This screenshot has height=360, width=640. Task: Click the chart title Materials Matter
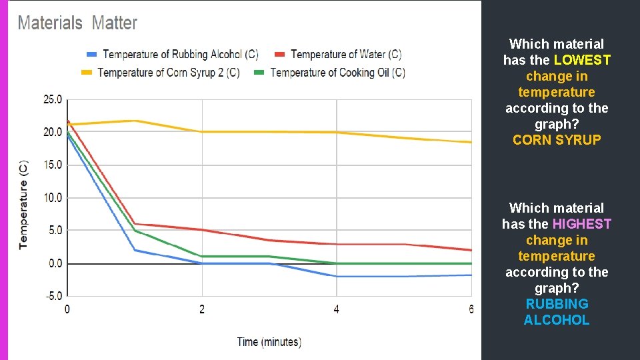[x=77, y=23]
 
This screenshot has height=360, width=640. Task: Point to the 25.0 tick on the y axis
[x=52, y=99]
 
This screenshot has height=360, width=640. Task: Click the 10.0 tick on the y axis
[x=52, y=197]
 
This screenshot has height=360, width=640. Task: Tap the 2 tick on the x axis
[x=202, y=309]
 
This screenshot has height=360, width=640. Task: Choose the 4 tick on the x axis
[x=336, y=309]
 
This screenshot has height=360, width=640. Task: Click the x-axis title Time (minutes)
[x=269, y=342]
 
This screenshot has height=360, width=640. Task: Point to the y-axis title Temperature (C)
[x=23, y=204]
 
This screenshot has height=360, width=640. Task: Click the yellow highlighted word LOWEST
[x=582, y=60]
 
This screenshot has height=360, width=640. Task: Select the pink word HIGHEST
[x=581, y=224]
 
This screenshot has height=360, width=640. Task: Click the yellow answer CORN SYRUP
[x=557, y=140]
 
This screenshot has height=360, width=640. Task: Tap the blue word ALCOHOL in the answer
[x=557, y=320]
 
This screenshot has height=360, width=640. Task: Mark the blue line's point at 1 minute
[x=135, y=250]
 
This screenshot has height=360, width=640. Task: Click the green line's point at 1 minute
[x=135, y=231]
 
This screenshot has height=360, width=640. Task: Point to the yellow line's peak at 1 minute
[x=135, y=121]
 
